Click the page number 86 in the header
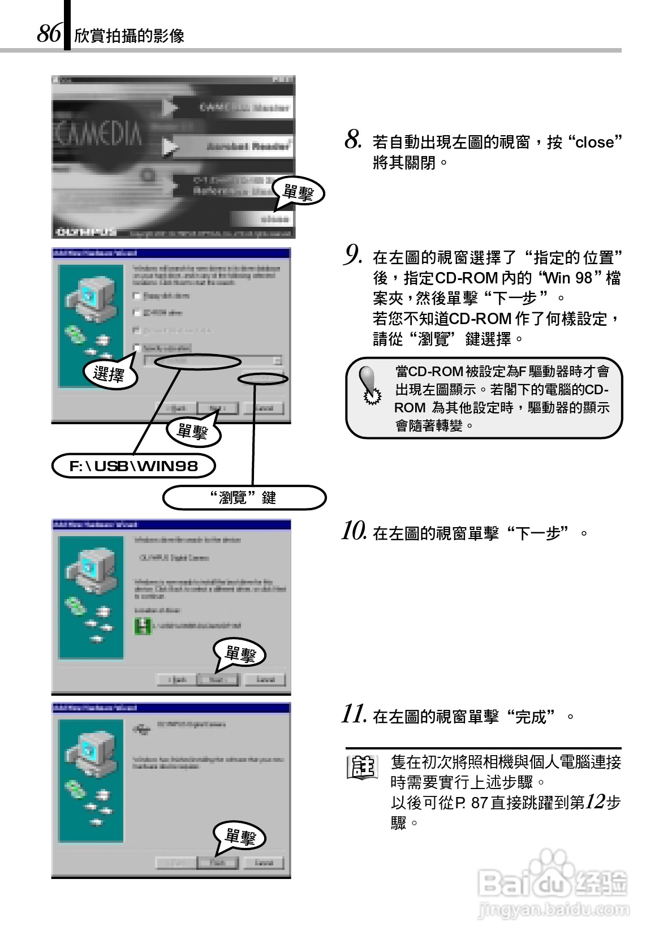pyautogui.click(x=49, y=34)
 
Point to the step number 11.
pyautogui.click(x=354, y=715)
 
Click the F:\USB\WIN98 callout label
pyautogui.click(x=134, y=466)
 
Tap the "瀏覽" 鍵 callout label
pyautogui.click(x=244, y=498)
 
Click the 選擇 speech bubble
pyautogui.click(x=109, y=374)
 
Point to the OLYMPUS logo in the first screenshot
pyautogui.click(x=85, y=232)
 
